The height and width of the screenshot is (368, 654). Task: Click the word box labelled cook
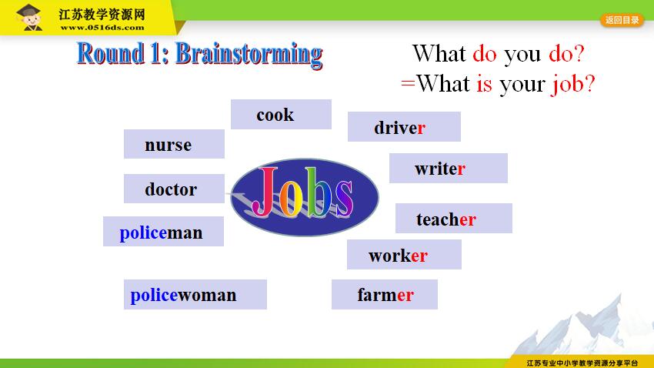point(281,114)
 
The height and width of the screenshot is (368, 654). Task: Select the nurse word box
point(174,144)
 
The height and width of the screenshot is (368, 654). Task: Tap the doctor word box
point(174,189)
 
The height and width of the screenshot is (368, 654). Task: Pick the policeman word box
point(163,231)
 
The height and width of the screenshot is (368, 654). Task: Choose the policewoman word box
point(195,295)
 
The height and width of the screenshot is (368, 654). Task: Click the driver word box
point(404,126)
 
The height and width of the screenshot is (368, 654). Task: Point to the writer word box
point(449,168)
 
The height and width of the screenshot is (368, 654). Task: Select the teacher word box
point(454,218)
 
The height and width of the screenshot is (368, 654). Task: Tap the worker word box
point(404,255)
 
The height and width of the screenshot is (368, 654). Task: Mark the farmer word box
point(385,295)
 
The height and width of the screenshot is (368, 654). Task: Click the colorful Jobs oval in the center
point(305,197)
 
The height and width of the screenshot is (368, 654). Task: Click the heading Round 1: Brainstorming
point(200,54)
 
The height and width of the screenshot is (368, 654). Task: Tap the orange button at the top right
point(622,20)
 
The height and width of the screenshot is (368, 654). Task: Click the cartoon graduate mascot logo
point(28,17)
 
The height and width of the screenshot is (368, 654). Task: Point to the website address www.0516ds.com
point(102,28)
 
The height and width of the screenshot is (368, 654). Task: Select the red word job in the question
point(568,84)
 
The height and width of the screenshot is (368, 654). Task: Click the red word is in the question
point(484,83)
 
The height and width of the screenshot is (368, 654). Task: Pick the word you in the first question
point(522,55)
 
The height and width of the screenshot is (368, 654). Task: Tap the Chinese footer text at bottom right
point(582,363)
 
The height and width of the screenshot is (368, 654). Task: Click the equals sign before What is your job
point(408,83)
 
